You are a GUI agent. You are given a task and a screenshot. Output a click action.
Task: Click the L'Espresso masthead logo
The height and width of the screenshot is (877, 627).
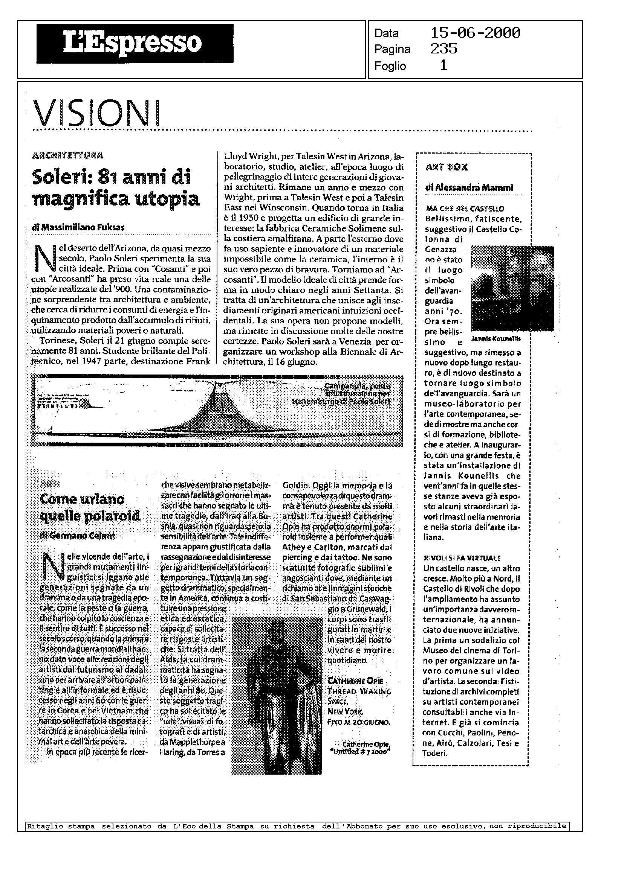click(135, 44)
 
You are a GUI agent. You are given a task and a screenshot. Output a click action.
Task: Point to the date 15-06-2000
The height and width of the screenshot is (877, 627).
click(475, 33)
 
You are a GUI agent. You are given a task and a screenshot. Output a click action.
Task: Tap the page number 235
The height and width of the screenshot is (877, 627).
click(443, 49)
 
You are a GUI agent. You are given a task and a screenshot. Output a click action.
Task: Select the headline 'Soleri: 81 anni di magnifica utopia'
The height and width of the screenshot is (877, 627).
click(115, 188)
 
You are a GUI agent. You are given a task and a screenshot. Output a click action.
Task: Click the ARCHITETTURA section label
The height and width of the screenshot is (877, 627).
click(68, 155)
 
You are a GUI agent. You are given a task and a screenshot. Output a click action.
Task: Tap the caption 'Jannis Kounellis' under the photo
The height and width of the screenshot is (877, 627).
click(496, 339)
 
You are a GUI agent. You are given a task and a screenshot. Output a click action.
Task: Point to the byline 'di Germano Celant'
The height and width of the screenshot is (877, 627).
click(78, 536)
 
